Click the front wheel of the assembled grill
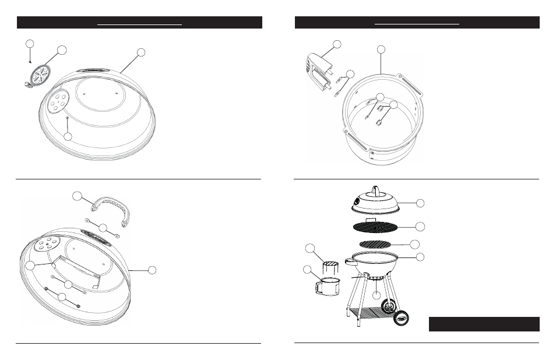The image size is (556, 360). pos(401,318)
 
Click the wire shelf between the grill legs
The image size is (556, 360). pos(373,313)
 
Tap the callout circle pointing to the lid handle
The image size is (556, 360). pos(78,196)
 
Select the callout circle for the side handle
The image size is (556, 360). pos(336,44)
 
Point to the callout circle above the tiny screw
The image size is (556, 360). pos(30,44)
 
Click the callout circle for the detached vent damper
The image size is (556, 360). pos(62,50)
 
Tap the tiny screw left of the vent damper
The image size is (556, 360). pos(30,60)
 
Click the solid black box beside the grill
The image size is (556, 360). pos(484,324)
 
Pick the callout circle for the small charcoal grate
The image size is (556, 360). pos(416,243)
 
